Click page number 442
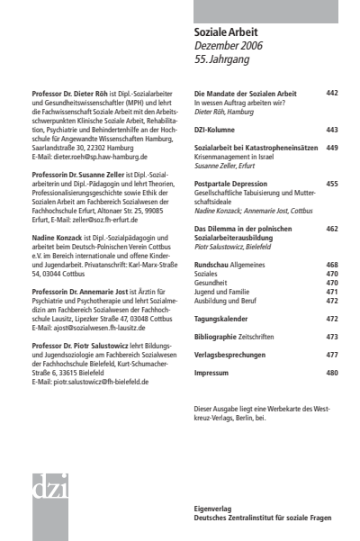point(332,94)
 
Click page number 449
point(332,148)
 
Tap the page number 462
point(332,230)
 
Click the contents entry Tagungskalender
point(224,319)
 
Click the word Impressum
point(214,372)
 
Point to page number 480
point(332,372)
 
